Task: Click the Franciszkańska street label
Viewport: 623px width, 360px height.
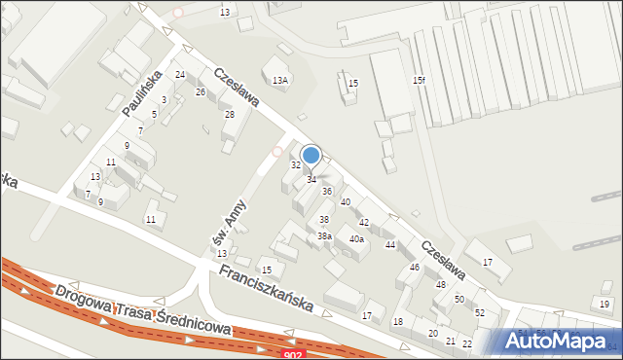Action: (x=266, y=288)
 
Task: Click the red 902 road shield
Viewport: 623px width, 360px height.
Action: (x=292, y=355)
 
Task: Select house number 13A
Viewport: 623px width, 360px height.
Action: (x=280, y=80)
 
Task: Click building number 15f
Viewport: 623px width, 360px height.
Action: (x=418, y=80)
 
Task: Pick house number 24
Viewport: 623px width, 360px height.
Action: (x=180, y=75)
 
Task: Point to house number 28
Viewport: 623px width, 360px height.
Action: (x=230, y=115)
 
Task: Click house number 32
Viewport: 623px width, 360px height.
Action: (x=296, y=164)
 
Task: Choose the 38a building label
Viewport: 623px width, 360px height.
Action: (x=325, y=235)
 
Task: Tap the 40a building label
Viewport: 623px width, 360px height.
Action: (x=357, y=238)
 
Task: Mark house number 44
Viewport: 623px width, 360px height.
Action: (x=390, y=244)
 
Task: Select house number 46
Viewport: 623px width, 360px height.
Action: (x=415, y=267)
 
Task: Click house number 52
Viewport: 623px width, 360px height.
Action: (x=480, y=312)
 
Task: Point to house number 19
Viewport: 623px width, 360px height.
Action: (x=605, y=305)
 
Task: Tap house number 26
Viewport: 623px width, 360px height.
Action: (x=201, y=91)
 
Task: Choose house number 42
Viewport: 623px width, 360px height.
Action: (x=364, y=223)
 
